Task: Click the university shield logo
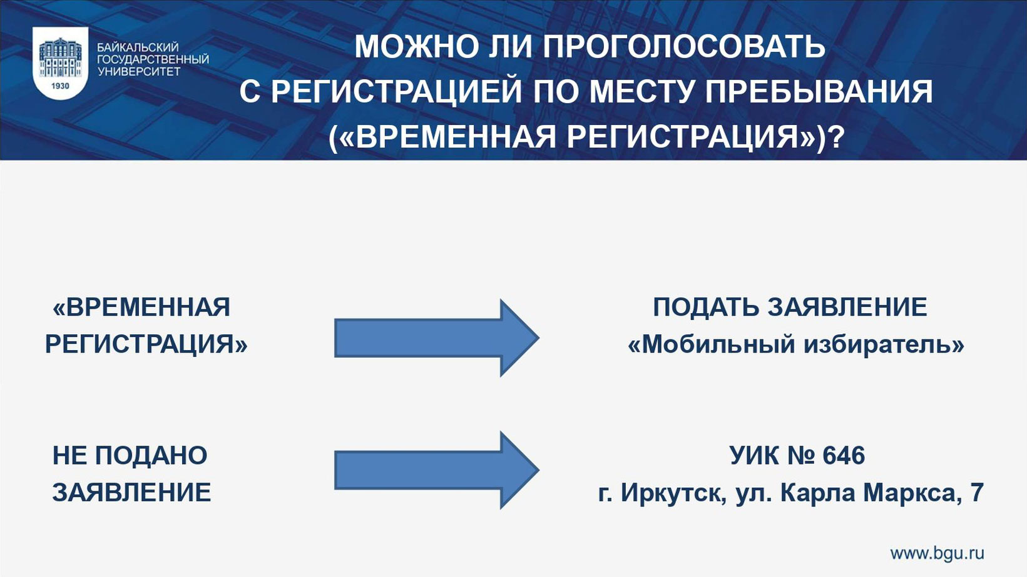click(x=60, y=63)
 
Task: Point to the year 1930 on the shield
click(x=60, y=86)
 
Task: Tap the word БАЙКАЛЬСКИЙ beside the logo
click(x=138, y=48)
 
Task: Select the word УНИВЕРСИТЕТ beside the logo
click(x=139, y=71)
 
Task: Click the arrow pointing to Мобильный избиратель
click(x=436, y=338)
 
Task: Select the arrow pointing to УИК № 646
click(x=436, y=470)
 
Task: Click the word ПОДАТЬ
click(x=706, y=308)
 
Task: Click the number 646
click(x=844, y=456)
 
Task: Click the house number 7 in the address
click(x=977, y=493)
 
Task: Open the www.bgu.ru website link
click(x=937, y=553)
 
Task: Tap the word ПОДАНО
click(x=151, y=456)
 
